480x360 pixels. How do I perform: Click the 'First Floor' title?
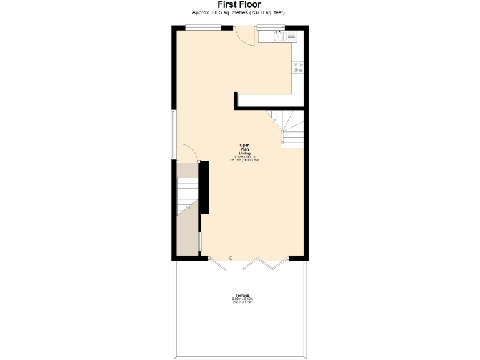(239, 5)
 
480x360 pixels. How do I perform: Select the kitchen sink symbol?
(280, 37)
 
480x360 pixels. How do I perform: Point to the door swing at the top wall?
(244, 36)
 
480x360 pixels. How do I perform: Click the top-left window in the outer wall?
(204, 26)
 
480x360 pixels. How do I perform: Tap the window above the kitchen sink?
(271, 26)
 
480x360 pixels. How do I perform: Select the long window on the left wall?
(174, 134)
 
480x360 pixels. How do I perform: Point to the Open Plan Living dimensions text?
(244, 158)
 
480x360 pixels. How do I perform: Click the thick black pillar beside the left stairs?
(204, 188)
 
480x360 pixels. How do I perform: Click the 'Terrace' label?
(242, 295)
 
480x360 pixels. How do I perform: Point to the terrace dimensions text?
(242, 301)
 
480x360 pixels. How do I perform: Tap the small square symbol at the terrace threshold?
(231, 258)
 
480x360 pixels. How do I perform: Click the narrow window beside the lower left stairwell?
(200, 242)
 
